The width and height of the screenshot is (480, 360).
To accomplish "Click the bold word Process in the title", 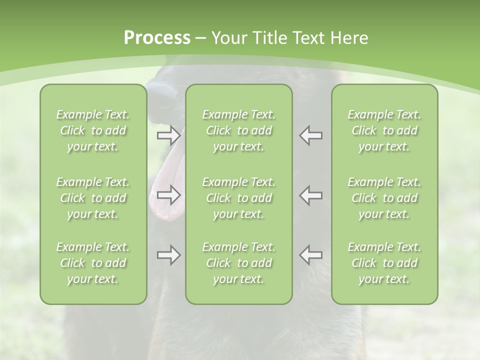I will click(x=157, y=38).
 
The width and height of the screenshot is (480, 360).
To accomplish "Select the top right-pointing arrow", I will click(x=168, y=135).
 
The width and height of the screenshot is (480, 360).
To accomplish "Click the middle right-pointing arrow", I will click(x=168, y=195).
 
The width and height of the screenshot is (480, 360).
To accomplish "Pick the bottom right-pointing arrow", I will click(x=168, y=255).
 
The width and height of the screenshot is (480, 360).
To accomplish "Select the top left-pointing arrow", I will click(x=311, y=135).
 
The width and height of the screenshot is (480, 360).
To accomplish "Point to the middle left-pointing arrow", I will click(x=311, y=195).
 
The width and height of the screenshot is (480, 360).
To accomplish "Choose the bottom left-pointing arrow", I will click(x=311, y=255).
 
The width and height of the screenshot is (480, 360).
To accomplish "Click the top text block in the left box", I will click(x=93, y=130).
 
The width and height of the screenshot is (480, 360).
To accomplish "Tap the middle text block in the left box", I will click(x=93, y=198).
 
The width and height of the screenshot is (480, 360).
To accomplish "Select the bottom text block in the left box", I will click(x=93, y=263).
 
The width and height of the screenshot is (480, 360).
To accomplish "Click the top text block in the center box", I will click(x=238, y=130).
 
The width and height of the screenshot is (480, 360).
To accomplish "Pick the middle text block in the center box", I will click(x=238, y=198).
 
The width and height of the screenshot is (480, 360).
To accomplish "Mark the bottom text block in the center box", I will click(x=238, y=263).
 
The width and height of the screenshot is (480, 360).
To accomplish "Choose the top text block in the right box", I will click(x=384, y=130).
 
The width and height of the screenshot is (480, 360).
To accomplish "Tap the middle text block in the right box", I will click(x=384, y=198).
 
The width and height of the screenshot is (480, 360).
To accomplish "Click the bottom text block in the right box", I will click(x=384, y=263).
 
